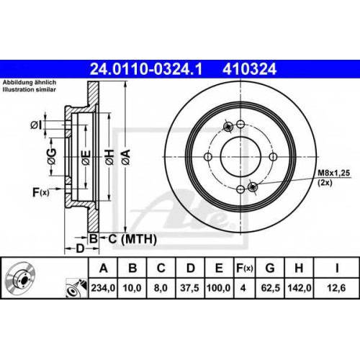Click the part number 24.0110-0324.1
click(x=146, y=69)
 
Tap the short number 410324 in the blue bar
click(x=250, y=69)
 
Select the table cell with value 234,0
click(x=103, y=288)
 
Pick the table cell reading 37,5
click(x=189, y=288)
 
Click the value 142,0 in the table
click(x=299, y=288)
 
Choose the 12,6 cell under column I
click(x=336, y=288)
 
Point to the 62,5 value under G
click(x=270, y=288)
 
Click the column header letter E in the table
click(x=219, y=268)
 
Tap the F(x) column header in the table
click(x=244, y=268)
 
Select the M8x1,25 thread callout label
click(x=334, y=173)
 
